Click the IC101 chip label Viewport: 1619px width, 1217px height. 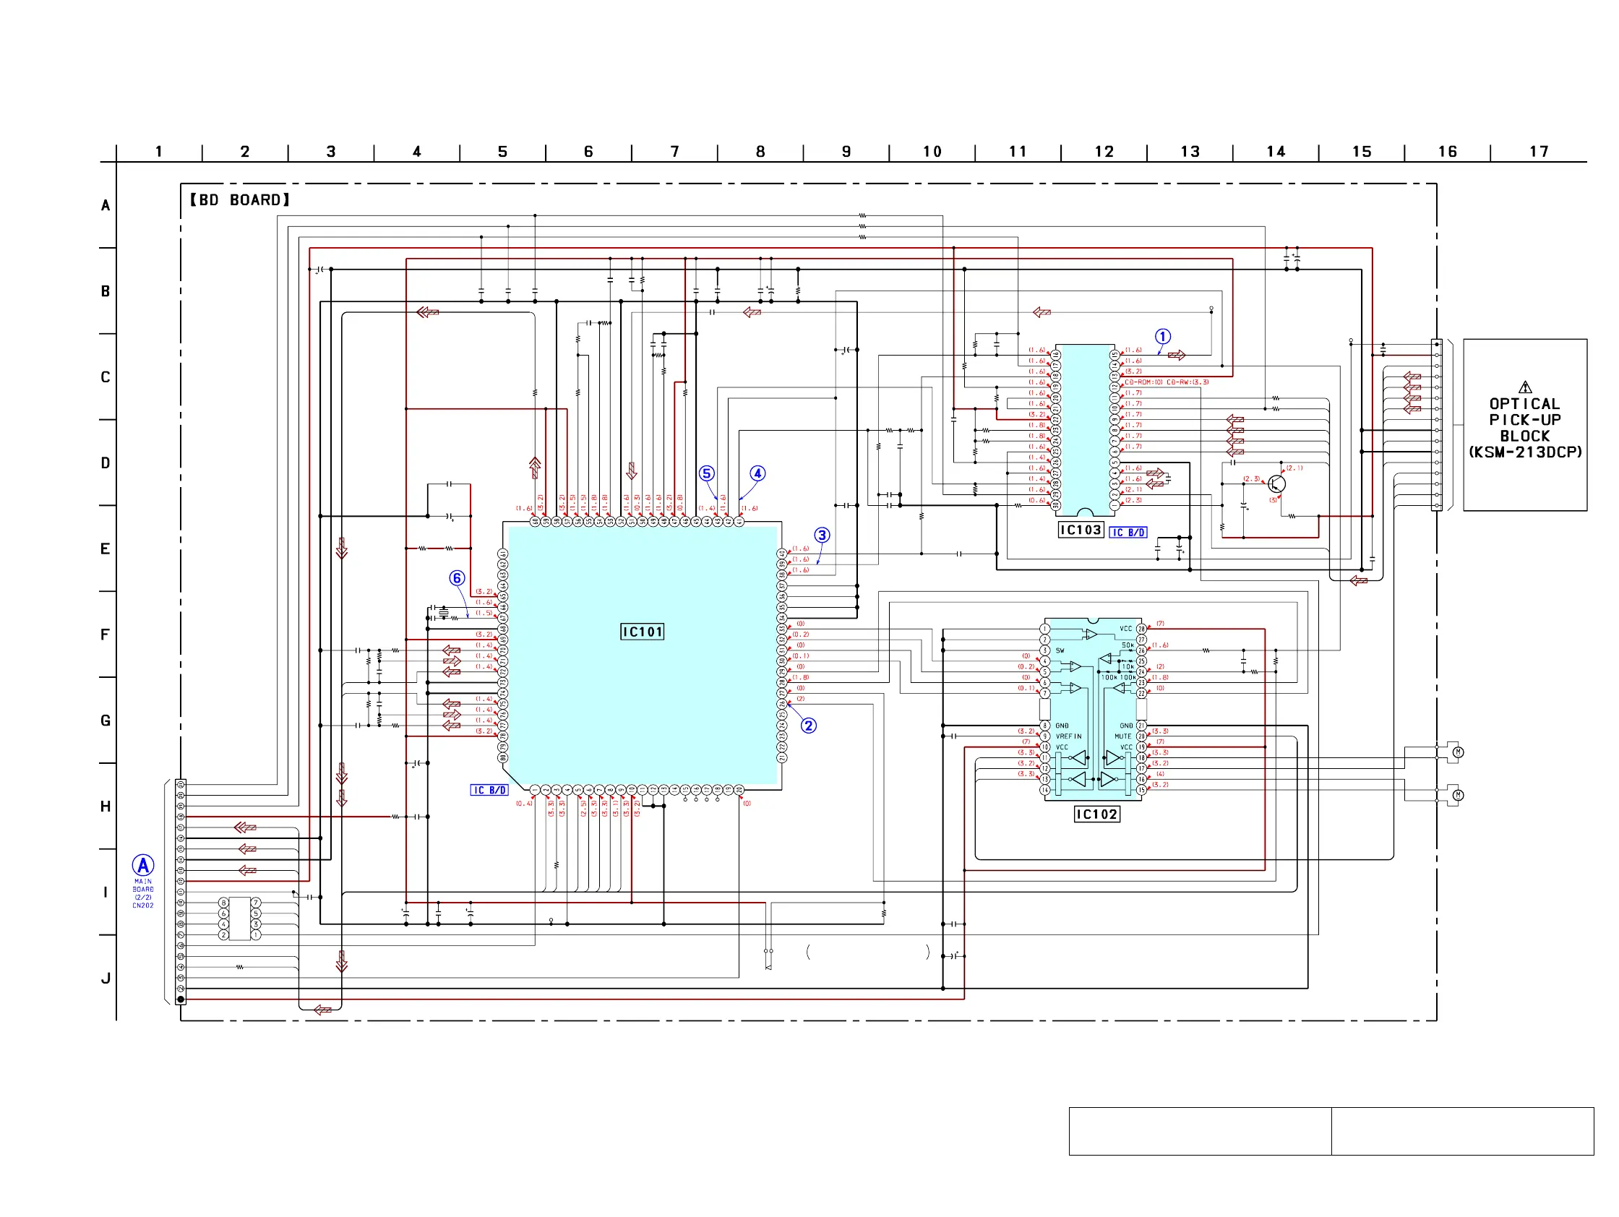coord(642,632)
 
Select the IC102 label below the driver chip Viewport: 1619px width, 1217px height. coord(1096,814)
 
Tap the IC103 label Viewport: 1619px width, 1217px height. coord(1081,530)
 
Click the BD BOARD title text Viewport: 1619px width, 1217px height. coord(240,199)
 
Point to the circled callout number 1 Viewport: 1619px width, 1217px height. coord(1163,337)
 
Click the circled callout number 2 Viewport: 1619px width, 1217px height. coord(808,726)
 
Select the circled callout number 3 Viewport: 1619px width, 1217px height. coord(822,535)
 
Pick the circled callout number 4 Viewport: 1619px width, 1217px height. coord(757,473)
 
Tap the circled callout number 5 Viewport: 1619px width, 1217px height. coord(706,473)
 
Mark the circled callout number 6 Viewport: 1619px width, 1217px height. coord(458,578)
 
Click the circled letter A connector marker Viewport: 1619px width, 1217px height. coord(143,866)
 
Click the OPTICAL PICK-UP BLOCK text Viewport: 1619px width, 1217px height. coord(1525,428)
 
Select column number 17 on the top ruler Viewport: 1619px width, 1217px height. coord(1539,152)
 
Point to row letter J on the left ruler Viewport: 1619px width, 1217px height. coord(106,979)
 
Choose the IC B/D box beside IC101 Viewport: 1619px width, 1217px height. coord(489,791)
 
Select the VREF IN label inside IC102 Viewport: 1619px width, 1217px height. coord(1068,736)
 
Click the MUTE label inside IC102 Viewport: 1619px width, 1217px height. coord(1123,736)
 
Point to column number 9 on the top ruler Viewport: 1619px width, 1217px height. coord(846,152)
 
